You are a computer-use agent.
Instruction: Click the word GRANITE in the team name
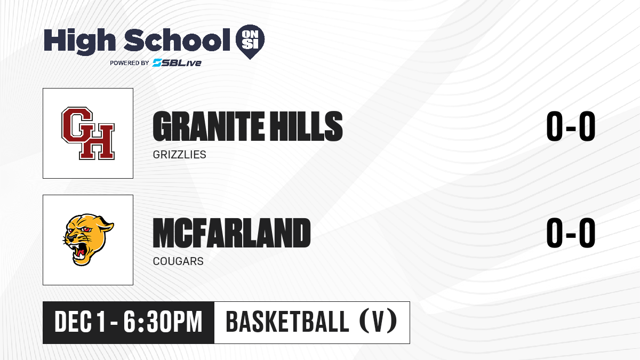click(x=209, y=126)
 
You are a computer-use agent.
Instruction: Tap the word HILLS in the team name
click(x=307, y=126)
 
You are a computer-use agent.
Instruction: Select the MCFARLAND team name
click(x=231, y=233)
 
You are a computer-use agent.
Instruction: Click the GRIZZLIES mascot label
click(x=179, y=155)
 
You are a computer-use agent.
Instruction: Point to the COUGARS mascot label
click(x=178, y=261)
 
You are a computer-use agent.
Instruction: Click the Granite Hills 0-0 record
click(x=571, y=126)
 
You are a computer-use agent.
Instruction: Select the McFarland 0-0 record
click(x=571, y=233)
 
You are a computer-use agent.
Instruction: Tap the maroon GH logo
click(x=88, y=133)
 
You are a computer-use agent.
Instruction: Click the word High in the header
click(x=79, y=41)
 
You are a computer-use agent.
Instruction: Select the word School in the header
click(x=177, y=39)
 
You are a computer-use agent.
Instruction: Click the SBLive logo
click(x=177, y=63)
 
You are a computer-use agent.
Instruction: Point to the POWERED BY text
click(x=130, y=63)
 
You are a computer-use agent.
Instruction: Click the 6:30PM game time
click(x=163, y=322)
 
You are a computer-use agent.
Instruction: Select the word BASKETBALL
click(x=287, y=322)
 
